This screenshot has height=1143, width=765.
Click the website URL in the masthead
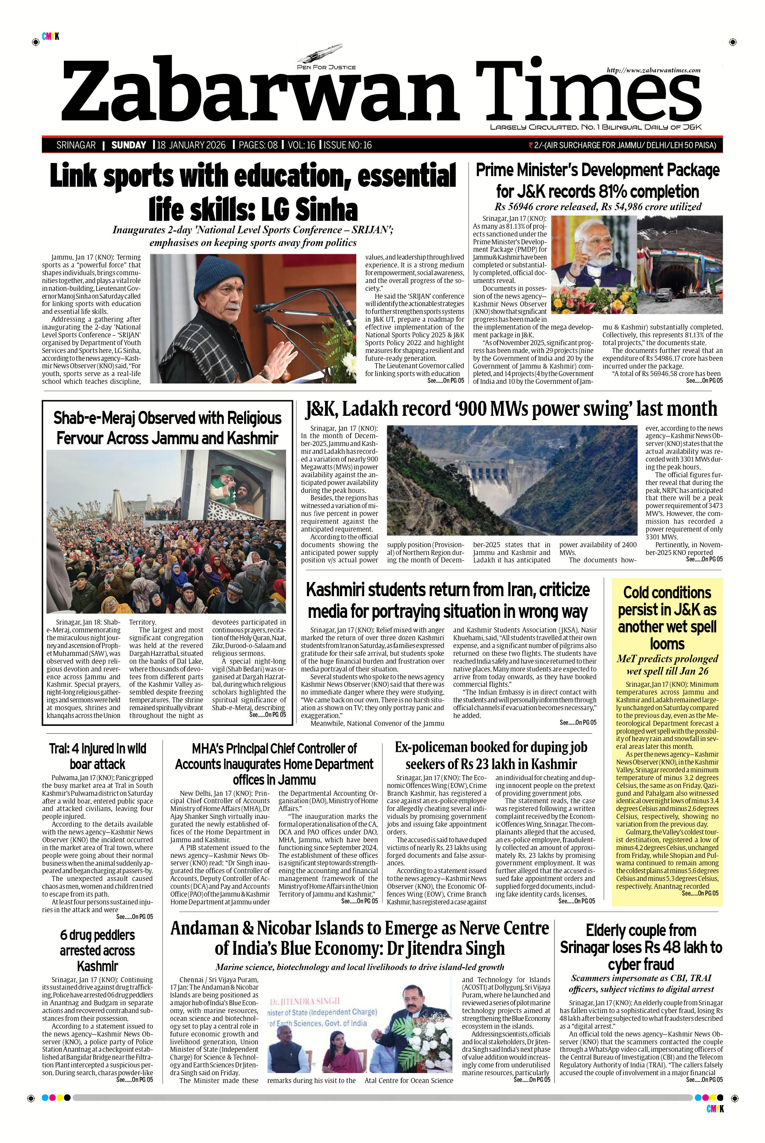tap(653, 70)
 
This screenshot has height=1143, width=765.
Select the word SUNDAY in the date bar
tap(129, 145)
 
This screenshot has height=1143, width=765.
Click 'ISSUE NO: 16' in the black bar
tap(348, 145)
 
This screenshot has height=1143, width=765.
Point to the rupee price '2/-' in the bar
tap(539, 145)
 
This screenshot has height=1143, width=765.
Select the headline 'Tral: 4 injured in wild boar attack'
tap(98, 756)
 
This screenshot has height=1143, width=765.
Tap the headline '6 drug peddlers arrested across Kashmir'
tap(97, 950)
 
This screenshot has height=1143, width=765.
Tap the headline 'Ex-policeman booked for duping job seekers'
tap(491, 755)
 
